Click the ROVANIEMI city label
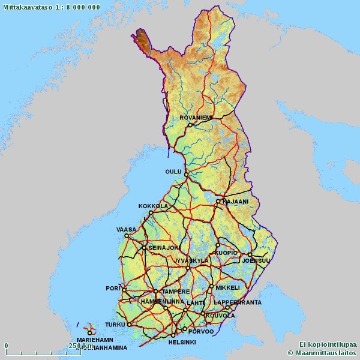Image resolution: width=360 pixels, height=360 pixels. click(x=196, y=118)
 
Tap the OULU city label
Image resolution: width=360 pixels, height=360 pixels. click(x=173, y=172)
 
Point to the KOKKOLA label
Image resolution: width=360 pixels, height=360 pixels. click(x=153, y=206)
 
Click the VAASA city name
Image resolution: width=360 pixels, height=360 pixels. click(x=126, y=229)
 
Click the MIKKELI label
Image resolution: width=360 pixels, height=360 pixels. click(x=227, y=287)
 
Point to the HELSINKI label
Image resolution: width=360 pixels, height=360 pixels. click(x=182, y=342)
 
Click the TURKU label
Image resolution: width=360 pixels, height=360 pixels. click(x=114, y=325)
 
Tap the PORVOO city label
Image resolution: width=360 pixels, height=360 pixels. click(x=201, y=331)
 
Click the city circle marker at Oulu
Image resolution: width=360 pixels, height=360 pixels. click(x=186, y=175)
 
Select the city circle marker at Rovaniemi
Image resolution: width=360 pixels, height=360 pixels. click(x=190, y=125)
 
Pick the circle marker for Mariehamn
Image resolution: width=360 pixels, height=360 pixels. click(x=89, y=332)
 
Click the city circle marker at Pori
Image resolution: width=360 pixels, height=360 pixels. click(x=124, y=290)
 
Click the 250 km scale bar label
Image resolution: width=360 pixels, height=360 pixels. click(x=81, y=346)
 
